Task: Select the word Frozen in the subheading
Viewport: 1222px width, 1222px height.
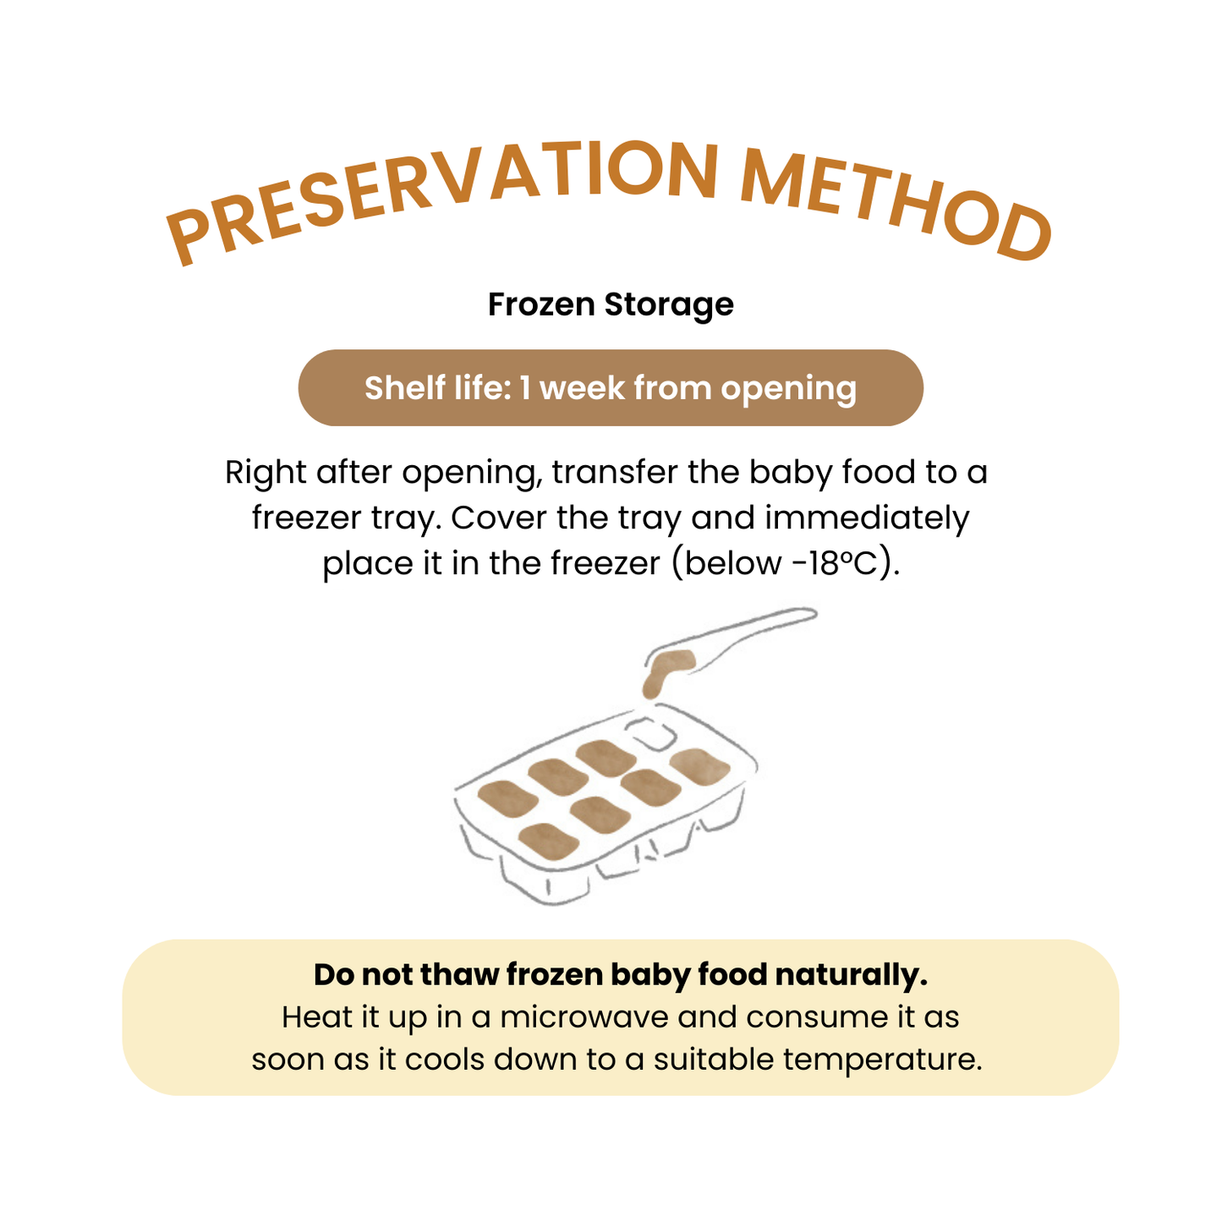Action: pos(541,304)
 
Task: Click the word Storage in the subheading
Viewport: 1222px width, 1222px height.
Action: pos(669,305)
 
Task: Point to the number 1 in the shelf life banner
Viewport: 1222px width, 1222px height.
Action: pos(525,387)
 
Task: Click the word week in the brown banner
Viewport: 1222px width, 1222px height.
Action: pos(582,387)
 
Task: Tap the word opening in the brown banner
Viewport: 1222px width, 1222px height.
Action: pos(789,389)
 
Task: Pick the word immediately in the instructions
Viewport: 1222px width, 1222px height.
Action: pos(867,518)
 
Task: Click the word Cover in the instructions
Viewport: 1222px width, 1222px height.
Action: pos(498,518)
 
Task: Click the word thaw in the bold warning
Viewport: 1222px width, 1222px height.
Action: pos(459,975)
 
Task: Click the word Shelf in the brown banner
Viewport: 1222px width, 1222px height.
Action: pos(404,387)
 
